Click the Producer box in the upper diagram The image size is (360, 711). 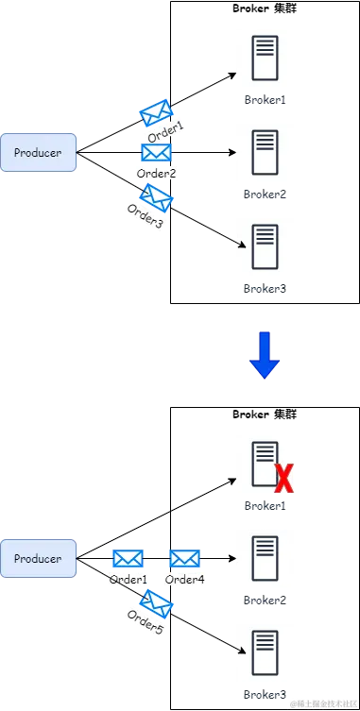[x=38, y=153]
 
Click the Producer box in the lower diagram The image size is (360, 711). [x=38, y=559]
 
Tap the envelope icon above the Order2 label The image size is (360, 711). [x=156, y=152]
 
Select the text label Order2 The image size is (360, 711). [x=157, y=174]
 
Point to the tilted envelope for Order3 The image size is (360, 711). [x=156, y=197]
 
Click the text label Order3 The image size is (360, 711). [x=145, y=216]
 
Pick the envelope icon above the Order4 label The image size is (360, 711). [x=184, y=559]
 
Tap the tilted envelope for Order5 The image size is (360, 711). [x=155, y=601]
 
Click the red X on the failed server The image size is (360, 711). [x=283, y=480]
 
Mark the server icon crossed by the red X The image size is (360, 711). [x=263, y=465]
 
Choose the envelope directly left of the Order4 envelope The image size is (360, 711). [x=127, y=559]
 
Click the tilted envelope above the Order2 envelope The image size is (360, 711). [x=156, y=113]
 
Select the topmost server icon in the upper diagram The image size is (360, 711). [x=265, y=56]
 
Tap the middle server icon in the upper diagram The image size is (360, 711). [x=265, y=151]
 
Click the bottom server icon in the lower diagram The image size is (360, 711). [x=265, y=652]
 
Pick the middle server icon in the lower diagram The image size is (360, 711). [x=265, y=560]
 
